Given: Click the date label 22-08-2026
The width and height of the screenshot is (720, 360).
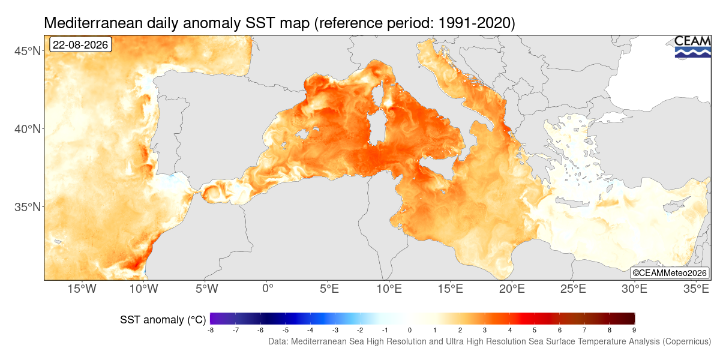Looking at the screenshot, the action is click(x=80, y=44).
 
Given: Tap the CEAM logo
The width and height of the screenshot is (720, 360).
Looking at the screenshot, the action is click(x=692, y=47).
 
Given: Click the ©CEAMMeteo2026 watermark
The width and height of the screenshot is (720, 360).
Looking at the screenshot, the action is click(x=670, y=273).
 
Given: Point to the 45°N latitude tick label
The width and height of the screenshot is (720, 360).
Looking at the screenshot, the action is click(x=28, y=51).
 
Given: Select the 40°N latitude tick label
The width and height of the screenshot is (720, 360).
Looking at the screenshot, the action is click(x=28, y=129).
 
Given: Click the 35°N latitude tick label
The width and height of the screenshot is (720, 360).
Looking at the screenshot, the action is click(x=28, y=207).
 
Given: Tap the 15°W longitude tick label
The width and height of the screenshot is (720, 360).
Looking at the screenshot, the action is click(x=82, y=289).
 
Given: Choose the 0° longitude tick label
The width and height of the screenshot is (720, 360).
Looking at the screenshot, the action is click(x=268, y=289).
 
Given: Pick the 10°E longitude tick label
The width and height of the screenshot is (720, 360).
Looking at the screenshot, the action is click(x=389, y=289).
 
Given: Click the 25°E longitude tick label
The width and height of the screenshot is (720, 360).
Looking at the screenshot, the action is click(x=573, y=289).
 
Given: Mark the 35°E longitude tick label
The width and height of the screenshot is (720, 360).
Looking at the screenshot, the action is click(x=696, y=289).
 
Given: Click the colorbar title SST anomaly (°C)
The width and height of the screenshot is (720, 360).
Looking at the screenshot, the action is click(x=163, y=320).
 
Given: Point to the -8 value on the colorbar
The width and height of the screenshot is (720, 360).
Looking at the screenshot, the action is click(x=211, y=330).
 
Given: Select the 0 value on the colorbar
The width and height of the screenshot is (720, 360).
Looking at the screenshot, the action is click(x=409, y=330).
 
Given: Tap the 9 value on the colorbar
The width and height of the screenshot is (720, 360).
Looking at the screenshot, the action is click(x=634, y=330).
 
